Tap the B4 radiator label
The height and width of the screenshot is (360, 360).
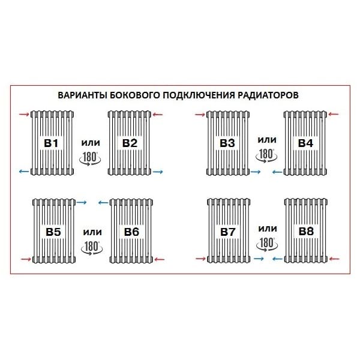pyautogui.click(x=305, y=143)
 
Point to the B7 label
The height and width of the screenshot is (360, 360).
pyautogui.click(x=228, y=232)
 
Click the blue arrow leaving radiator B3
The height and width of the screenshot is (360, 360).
pyautogui.click(x=256, y=172)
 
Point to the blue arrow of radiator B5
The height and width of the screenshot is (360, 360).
pyautogui.click(x=83, y=202)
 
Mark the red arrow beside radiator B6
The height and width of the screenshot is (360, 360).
pyautogui.click(x=160, y=259)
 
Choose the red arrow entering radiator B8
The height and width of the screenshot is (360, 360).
pyautogui.click(x=334, y=259)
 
